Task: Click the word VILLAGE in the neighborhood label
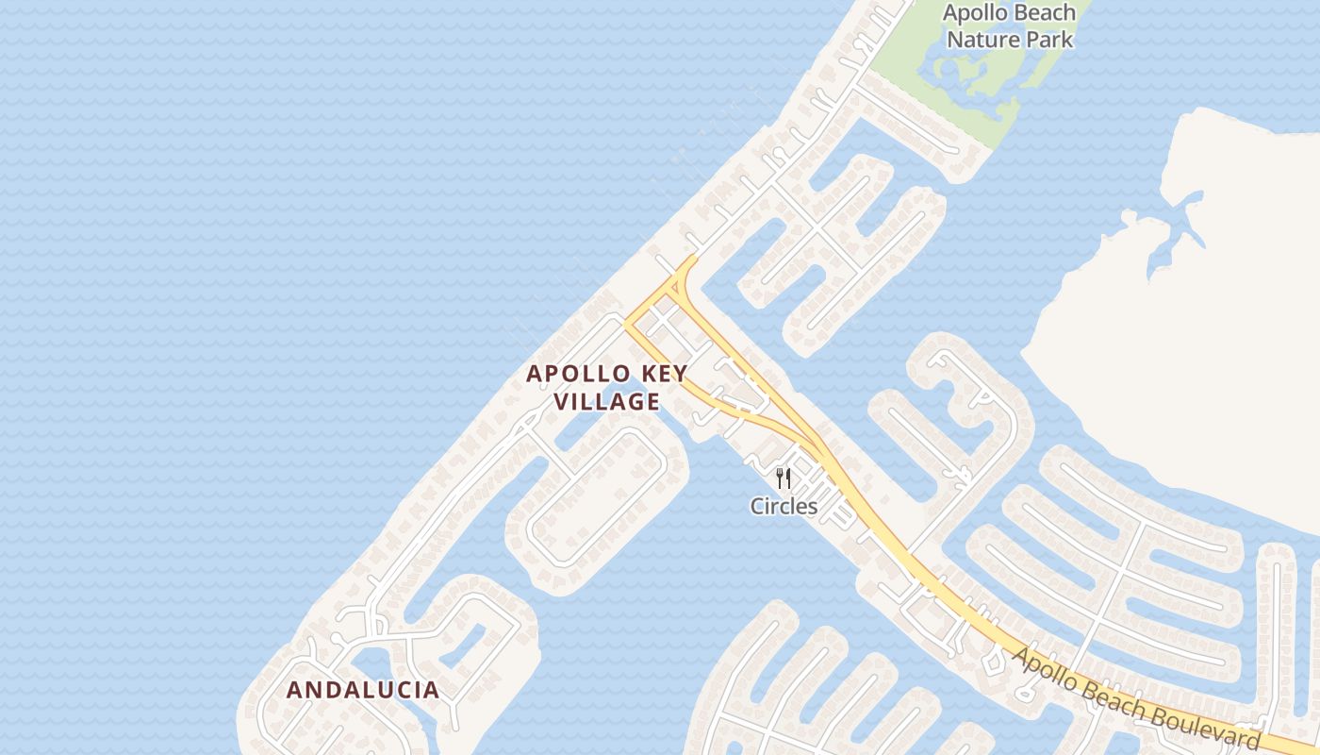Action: (606, 402)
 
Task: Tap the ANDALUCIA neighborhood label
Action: (363, 690)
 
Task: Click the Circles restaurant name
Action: (784, 507)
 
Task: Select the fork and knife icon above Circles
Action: (783, 478)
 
